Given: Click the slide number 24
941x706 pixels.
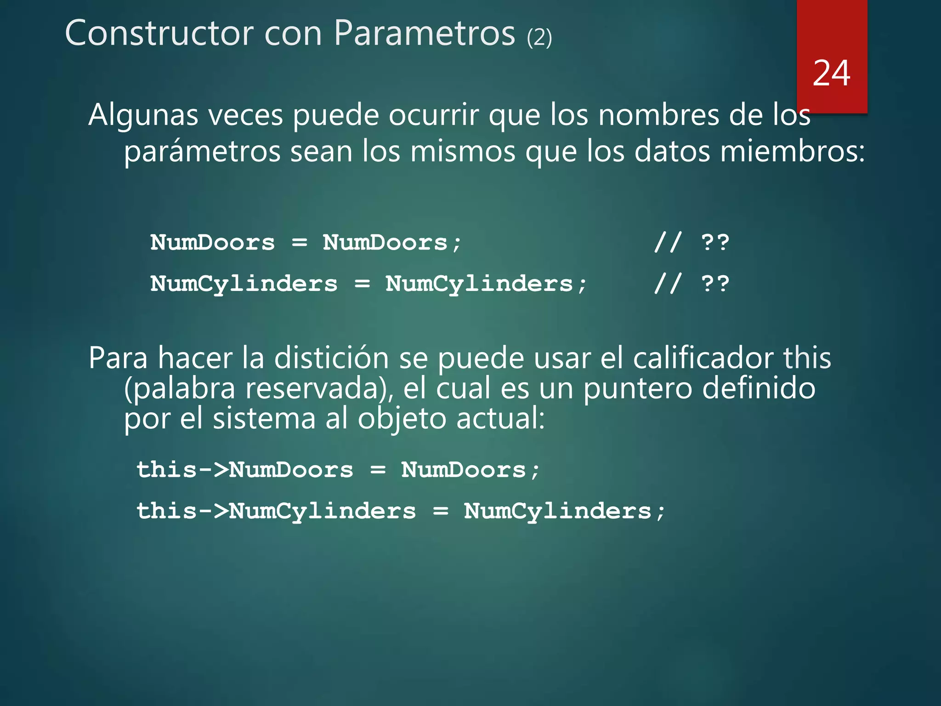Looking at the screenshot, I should coord(831,74).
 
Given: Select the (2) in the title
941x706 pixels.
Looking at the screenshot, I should coord(539,38).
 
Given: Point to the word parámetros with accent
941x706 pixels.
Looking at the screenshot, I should coord(202,152).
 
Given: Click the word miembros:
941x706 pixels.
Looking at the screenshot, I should coord(793,152).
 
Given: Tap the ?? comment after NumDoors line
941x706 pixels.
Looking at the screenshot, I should coord(715,242).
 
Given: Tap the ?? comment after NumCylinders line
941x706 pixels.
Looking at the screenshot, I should coord(715,284).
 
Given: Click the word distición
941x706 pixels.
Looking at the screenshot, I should coord(331,358).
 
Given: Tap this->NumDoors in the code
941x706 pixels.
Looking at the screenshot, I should coord(245,470).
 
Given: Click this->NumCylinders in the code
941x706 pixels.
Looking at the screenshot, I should coord(276,511).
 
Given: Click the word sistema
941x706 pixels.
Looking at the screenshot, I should coord(264,419).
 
